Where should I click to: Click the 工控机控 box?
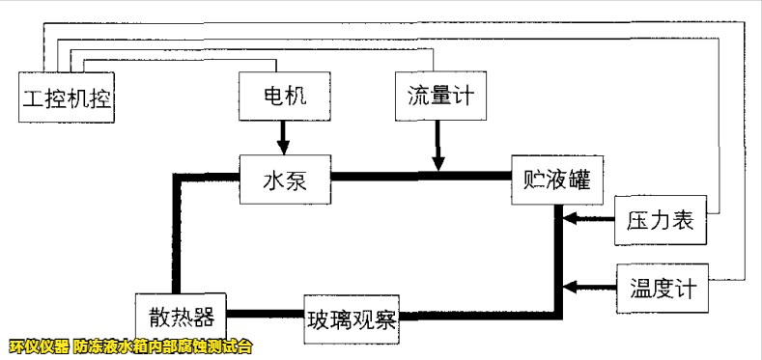tap(66, 97)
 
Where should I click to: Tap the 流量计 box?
tap(439, 96)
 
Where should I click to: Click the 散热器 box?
tap(181, 315)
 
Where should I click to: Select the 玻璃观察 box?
tap(352, 317)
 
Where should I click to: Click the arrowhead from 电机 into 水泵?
tap(283, 147)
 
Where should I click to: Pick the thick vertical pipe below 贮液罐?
tap(558, 251)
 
